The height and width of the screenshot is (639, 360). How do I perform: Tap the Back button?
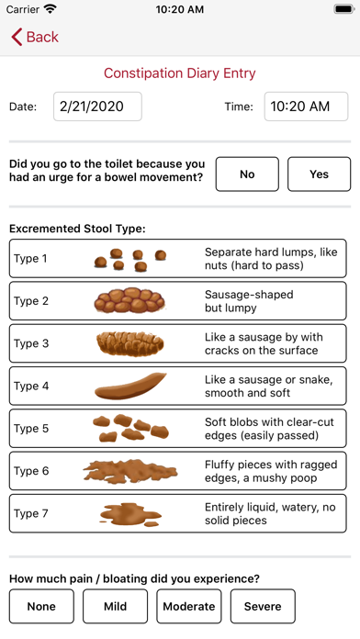[35, 37]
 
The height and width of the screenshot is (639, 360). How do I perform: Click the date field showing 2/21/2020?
[97, 106]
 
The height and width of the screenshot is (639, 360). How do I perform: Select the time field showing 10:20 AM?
[306, 106]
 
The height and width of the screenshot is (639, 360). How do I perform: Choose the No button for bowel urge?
[247, 174]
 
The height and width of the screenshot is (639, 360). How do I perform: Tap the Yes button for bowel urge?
[319, 174]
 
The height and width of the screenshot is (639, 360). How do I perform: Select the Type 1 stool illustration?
[130, 259]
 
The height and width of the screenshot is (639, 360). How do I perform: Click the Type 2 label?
[31, 301]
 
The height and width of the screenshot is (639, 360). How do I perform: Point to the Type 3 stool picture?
[130, 343]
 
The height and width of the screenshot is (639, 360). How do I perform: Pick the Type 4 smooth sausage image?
[130, 386]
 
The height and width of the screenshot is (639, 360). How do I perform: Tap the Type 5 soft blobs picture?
[130, 428]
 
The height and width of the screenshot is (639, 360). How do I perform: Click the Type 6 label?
[31, 471]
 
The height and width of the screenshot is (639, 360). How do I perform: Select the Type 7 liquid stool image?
[130, 513]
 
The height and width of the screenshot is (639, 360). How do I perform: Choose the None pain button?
[41, 606]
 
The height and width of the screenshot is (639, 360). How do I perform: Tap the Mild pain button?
[115, 606]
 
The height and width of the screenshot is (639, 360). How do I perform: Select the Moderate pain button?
[188, 606]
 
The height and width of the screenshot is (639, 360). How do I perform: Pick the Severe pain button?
[263, 606]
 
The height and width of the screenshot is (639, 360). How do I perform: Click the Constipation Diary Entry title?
[180, 73]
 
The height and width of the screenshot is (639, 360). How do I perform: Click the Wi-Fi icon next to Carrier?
[50, 9]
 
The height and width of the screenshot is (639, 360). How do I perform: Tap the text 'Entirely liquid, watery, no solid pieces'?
[270, 513]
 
